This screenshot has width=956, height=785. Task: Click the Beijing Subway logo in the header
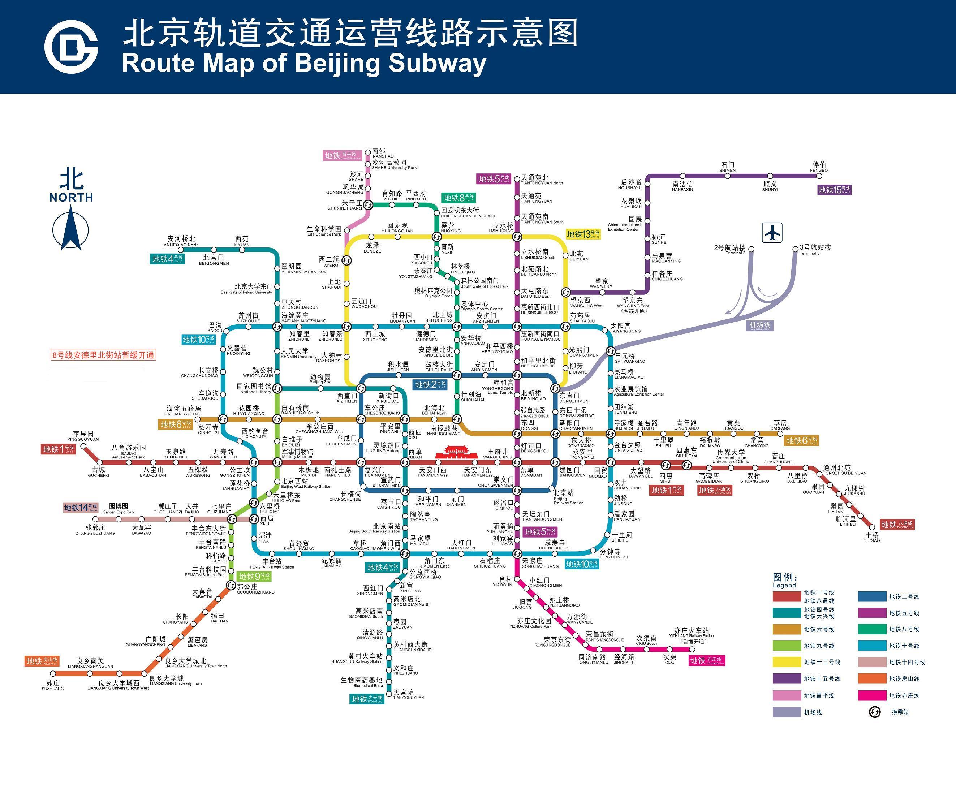(x=71, y=47)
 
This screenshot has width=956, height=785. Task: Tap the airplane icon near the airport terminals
(x=772, y=233)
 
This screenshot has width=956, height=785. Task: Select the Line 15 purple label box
(x=834, y=190)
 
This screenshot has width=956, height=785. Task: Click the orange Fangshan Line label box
(x=42, y=661)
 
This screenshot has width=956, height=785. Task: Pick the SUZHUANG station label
(x=53, y=685)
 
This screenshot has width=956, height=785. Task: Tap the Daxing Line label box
(x=368, y=699)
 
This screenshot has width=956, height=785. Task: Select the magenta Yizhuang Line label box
(x=707, y=661)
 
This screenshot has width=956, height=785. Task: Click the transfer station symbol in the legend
(x=875, y=712)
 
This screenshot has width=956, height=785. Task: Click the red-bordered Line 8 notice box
(x=104, y=355)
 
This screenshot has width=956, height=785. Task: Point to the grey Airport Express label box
(x=760, y=325)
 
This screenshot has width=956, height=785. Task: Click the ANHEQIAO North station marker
(x=181, y=249)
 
